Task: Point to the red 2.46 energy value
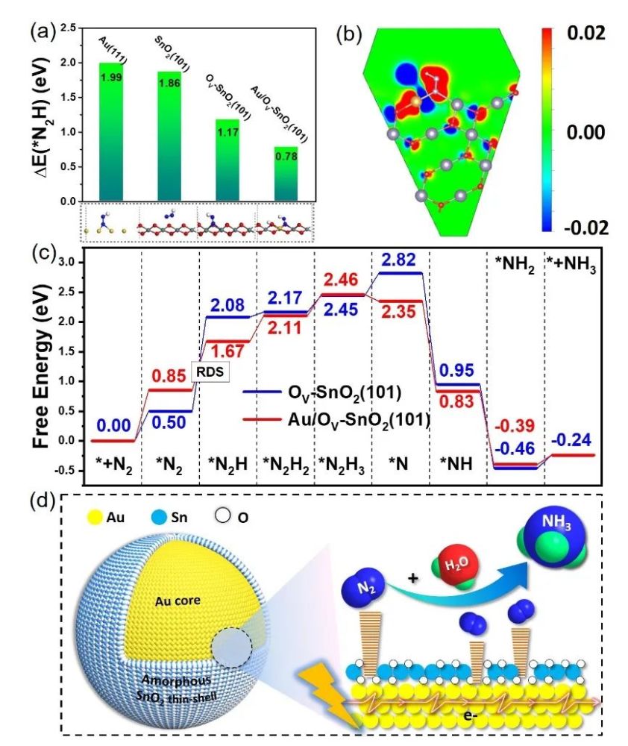[343, 280]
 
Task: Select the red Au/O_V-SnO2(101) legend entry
[339, 420]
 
